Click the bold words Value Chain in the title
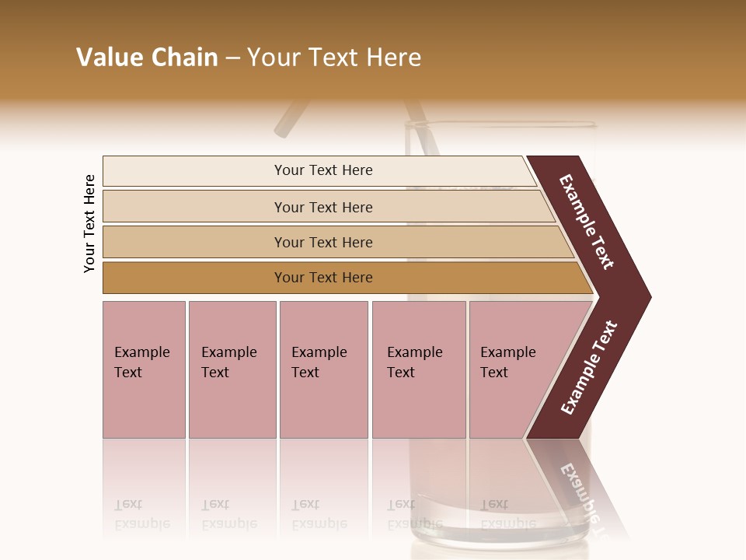click(147, 57)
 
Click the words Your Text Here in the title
click(334, 57)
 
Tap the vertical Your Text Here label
click(89, 223)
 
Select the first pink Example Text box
click(144, 369)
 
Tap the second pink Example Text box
click(232, 369)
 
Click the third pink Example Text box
click(323, 369)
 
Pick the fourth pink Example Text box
click(419, 369)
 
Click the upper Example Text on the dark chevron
click(587, 221)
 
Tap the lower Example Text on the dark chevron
click(589, 367)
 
